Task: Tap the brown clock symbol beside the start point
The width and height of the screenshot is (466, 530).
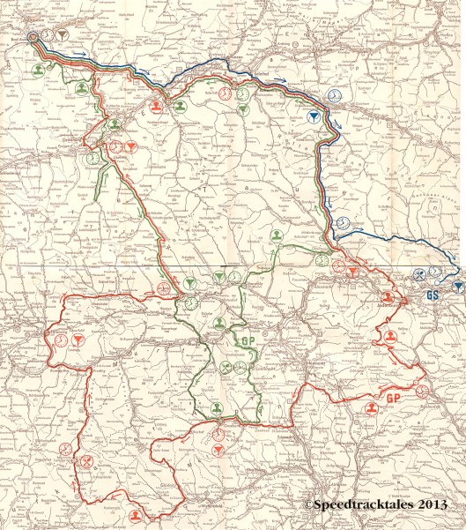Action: pyautogui.click(x=49, y=34)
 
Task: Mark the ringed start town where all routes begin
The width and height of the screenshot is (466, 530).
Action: pyautogui.click(x=33, y=38)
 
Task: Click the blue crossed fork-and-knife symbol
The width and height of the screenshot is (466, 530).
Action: pyautogui.click(x=420, y=274)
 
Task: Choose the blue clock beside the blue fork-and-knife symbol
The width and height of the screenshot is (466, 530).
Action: pyautogui.click(x=435, y=272)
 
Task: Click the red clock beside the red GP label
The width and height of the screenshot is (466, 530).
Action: pyautogui.click(x=421, y=392)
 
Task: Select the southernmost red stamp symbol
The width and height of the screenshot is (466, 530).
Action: pyautogui.click(x=134, y=515)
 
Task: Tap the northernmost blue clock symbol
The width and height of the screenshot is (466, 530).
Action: pyautogui.click(x=334, y=95)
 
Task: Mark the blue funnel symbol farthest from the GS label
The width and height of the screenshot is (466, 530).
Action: pyautogui.click(x=314, y=116)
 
